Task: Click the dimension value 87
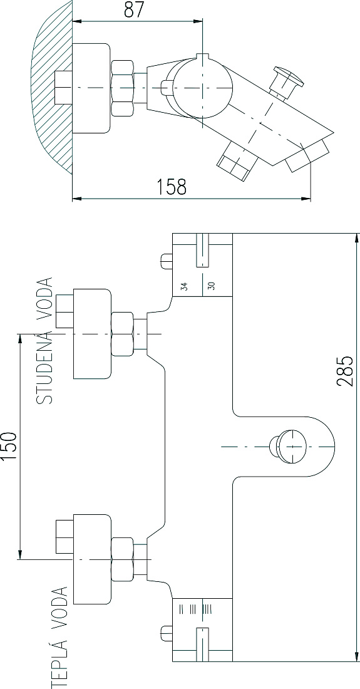pyautogui.click(x=134, y=9)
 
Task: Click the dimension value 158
pyautogui.click(x=172, y=187)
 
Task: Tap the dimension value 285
pyautogui.click(x=344, y=371)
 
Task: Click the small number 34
pyautogui.click(x=185, y=286)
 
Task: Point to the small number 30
pyautogui.click(x=212, y=286)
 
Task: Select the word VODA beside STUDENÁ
pyautogui.click(x=44, y=302)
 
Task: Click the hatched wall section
pyautogui.click(x=52, y=88)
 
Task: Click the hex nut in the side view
pyautogui.click(x=123, y=88)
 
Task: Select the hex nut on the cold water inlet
pyautogui.click(x=123, y=334)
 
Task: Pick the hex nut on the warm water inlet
pyautogui.click(x=123, y=559)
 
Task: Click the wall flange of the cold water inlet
pyautogui.click(x=92, y=334)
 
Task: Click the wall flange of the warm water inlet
pyautogui.click(x=92, y=559)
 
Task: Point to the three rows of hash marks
pyautogui.click(x=196, y=609)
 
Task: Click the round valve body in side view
pyautogui.click(x=202, y=87)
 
